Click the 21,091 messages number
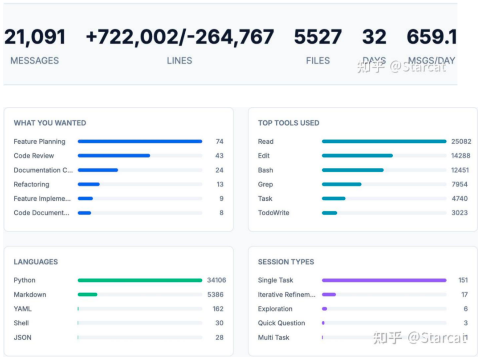pos(35,37)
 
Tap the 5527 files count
pos(318,37)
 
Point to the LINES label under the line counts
pos(179,61)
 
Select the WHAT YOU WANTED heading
pos(50,123)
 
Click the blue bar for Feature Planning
pos(140,142)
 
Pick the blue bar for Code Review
pos(114,156)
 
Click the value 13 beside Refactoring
pos(220,184)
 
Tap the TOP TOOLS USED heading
pos(289,123)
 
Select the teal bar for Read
pos(384,142)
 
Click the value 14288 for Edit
pos(460,156)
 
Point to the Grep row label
pos(265,184)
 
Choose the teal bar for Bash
pos(352,170)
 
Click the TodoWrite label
pos(273,213)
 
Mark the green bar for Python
pos(140,280)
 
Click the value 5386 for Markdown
pos(215,295)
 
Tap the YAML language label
pos(23,309)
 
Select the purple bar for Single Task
pos(384,280)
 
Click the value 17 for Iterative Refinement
pos(464,295)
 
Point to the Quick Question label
pos(281,323)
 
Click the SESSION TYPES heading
pos(286,262)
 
